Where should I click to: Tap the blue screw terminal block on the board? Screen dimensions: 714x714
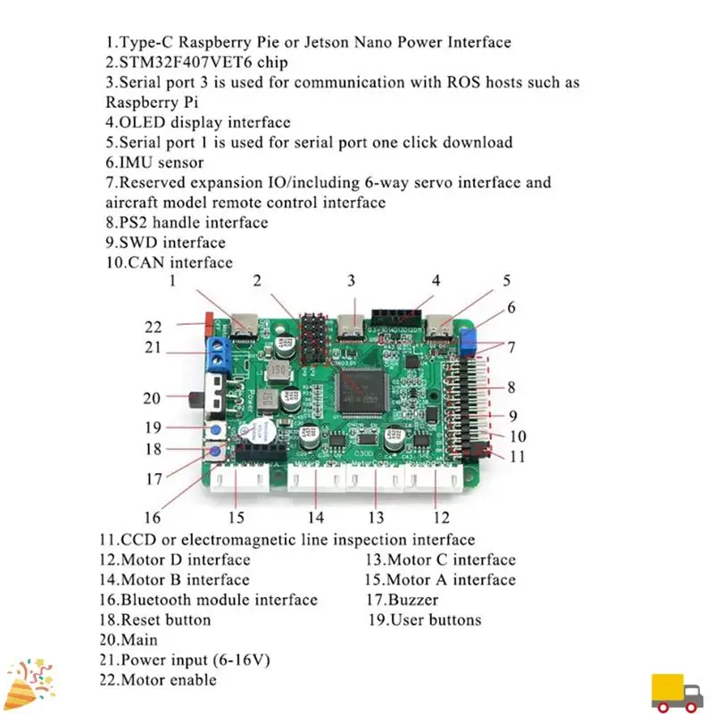point(218,354)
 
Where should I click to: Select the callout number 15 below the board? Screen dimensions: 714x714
point(236,517)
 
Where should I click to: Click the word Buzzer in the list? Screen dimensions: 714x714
point(413,600)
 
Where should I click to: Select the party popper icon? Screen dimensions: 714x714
point(27,682)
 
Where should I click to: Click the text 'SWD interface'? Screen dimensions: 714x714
point(165,243)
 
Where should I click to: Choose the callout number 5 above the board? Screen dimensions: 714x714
point(506,281)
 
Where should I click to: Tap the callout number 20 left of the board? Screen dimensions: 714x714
point(152,399)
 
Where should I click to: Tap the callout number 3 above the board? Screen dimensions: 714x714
point(352,281)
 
